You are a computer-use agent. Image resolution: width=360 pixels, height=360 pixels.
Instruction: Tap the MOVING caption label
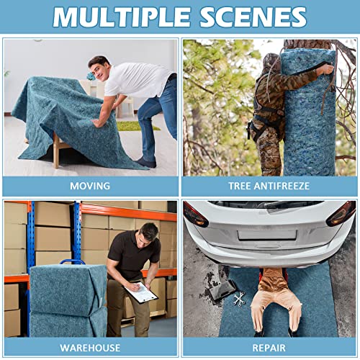[x=90, y=186]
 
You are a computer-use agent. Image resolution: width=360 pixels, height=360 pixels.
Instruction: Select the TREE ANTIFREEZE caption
[x=269, y=186]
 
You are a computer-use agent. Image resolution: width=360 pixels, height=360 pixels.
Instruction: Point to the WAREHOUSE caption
[x=90, y=348]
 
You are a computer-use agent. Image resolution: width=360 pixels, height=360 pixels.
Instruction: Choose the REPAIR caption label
[x=269, y=348]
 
